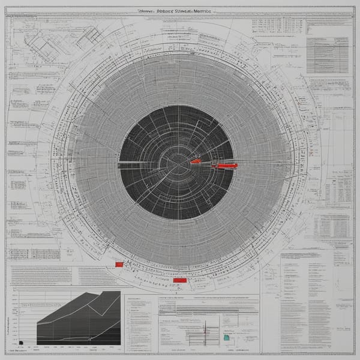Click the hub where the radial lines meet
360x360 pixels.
tap(178, 161)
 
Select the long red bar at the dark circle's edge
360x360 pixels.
tap(226, 165)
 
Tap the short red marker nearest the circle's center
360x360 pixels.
tap(196, 161)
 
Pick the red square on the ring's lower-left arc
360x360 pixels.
tap(119, 264)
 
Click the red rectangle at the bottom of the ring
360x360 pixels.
tap(179, 280)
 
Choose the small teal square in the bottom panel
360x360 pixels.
tap(226, 338)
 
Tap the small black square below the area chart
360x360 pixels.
tap(20, 343)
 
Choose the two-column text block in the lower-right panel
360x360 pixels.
tap(306, 300)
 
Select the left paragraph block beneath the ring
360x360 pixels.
tap(39, 275)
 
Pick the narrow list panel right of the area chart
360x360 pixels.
tap(139, 324)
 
